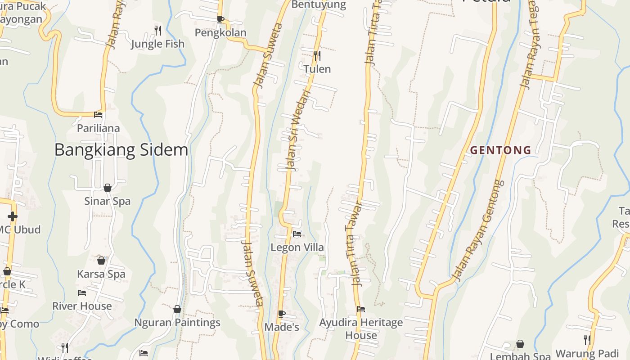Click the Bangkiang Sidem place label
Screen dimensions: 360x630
tap(121, 150)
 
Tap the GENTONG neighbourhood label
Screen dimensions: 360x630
tap(501, 150)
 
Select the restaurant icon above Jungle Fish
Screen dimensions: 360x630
tap(157, 31)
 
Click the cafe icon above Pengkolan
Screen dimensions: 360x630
tap(220, 19)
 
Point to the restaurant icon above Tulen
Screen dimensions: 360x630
tap(317, 56)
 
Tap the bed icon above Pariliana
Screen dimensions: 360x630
tap(98, 115)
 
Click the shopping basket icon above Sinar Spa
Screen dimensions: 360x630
tap(108, 188)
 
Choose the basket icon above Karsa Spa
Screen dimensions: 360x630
tap(101, 261)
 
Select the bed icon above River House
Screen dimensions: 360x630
tap(82, 293)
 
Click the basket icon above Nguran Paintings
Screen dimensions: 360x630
tap(177, 309)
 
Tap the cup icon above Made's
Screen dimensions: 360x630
tap(282, 314)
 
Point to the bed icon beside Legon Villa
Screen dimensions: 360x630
tap(297, 234)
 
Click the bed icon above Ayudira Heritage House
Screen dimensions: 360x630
tap(361, 309)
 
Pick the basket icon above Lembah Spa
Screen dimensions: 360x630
tap(520, 344)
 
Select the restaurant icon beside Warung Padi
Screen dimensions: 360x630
tap(587, 340)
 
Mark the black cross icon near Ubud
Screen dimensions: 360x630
tap(13, 216)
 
